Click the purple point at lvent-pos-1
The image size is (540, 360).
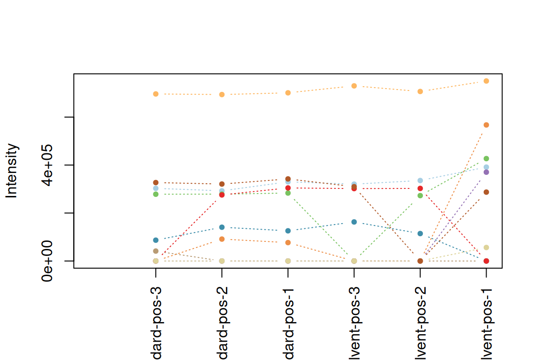point(486,172)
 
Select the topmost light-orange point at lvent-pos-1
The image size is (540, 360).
point(486,81)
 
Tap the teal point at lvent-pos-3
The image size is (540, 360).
point(354,222)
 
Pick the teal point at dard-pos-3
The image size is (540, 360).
point(156,240)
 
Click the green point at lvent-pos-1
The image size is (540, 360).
point(486,158)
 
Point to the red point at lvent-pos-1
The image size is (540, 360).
point(486,261)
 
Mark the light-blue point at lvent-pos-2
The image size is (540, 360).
point(420,180)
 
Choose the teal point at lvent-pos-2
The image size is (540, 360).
point(420,233)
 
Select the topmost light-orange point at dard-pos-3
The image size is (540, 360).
point(156,94)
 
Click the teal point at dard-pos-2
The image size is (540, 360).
point(222,227)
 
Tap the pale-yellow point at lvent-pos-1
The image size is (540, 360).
point(486,247)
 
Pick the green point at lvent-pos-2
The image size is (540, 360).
point(420,195)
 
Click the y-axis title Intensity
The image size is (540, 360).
point(12,171)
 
